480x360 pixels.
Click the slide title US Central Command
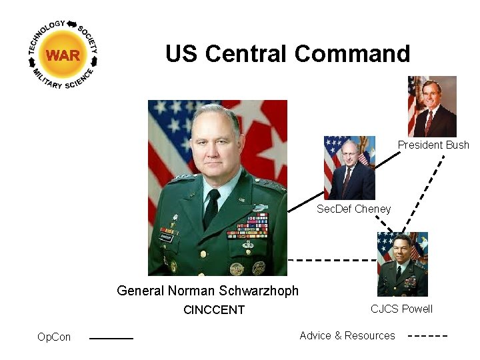pyautogui.click(x=287, y=53)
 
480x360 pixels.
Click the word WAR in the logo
pyautogui.click(x=63, y=55)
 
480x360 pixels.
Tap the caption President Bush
pyautogui.click(x=433, y=145)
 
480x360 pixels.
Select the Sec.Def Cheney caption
pyautogui.click(x=353, y=209)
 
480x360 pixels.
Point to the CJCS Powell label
pyautogui.click(x=401, y=309)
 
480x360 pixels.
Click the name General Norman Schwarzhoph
pyautogui.click(x=207, y=291)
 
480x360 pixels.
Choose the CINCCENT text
pyautogui.click(x=214, y=310)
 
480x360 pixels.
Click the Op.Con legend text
pyautogui.click(x=54, y=337)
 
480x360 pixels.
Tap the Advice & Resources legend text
pyautogui.click(x=347, y=335)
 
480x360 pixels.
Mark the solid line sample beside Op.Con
pyautogui.click(x=111, y=338)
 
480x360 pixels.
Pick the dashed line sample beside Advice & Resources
pyautogui.click(x=427, y=335)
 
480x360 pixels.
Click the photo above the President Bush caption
pyautogui.click(x=432, y=107)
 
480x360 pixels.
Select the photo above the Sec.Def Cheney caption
pyautogui.click(x=349, y=168)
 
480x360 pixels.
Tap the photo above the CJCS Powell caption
pyautogui.click(x=402, y=264)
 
